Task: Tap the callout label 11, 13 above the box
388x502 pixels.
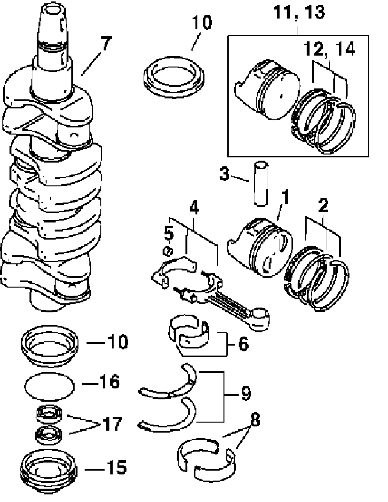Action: [x=299, y=12]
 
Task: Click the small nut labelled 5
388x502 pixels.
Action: [x=167, y=251]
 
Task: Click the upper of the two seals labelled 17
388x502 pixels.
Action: [x=49, y=414]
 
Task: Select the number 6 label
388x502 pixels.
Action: [x=242, y=344]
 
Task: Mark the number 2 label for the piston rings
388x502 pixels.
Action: [x=323, y=207]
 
